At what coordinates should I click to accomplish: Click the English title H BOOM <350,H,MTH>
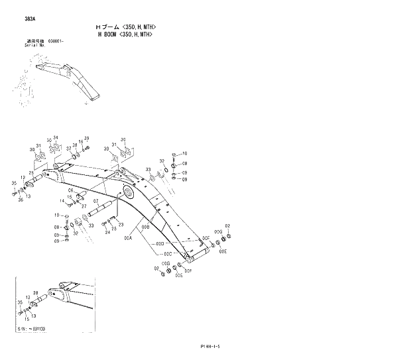(125, 33)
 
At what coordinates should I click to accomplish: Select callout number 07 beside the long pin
(95, 202)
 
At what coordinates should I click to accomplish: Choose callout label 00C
(168, 254)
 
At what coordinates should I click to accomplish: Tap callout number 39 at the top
(86, 138)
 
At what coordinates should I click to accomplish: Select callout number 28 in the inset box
(35, 292)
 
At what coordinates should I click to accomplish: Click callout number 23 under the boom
(121, 225)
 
